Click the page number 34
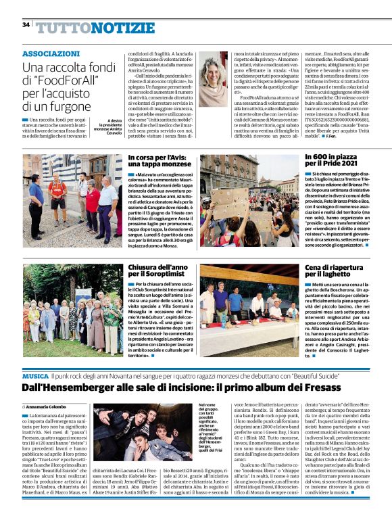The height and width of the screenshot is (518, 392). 26,25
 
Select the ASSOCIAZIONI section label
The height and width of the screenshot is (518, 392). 51,53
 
